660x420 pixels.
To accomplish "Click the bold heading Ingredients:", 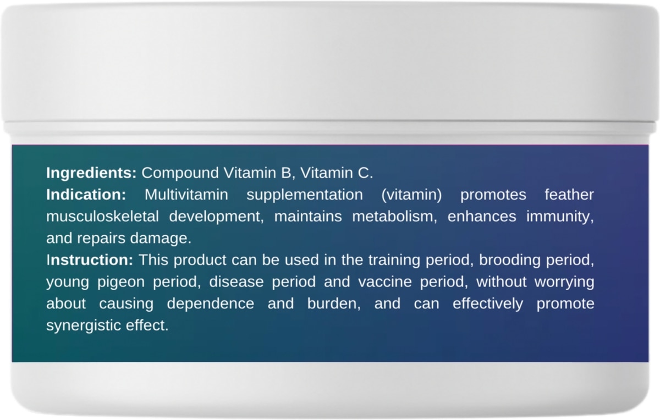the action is (91, 173).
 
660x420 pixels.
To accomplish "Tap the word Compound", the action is (180, 173).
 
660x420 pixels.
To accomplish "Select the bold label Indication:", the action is (86, 195).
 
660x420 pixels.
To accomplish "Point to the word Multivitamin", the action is (186, 195).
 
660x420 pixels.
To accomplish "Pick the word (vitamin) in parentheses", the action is (411, 195).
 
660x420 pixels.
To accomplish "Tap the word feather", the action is (569, 195).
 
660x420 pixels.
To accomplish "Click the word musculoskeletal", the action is (102, 217).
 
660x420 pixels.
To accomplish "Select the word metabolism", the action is (394, 217).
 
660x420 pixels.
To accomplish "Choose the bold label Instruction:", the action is (90, 260).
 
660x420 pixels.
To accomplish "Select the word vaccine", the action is (385, 282).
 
